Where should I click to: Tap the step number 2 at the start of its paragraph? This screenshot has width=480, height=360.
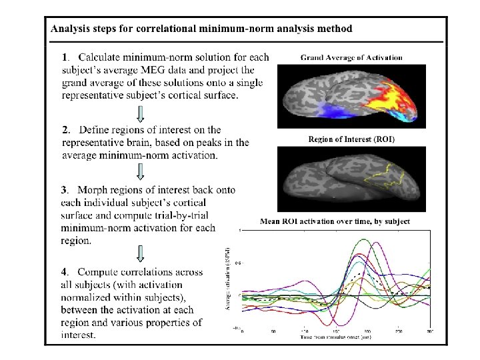tap(65, 128)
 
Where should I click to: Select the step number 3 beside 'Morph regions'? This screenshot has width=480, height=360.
tap(65, 190)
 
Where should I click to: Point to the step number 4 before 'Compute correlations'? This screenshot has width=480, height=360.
tap(65, 272)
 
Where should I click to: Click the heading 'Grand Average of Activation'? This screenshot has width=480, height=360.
tap(351, 57)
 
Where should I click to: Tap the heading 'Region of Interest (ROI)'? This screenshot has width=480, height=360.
tap(351, 140)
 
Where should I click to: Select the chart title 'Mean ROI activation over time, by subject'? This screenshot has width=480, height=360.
tap(335, 221)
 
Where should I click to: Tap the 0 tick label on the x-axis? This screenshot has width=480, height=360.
tap(242, 331)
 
